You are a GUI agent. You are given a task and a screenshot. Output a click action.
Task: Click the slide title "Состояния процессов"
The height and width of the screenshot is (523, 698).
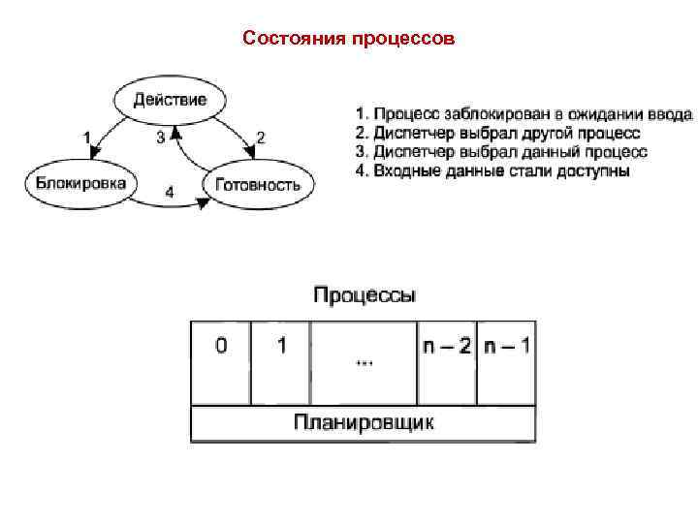coord(348,40)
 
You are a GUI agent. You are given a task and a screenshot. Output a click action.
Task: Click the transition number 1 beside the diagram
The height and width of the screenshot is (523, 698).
coord(86,137)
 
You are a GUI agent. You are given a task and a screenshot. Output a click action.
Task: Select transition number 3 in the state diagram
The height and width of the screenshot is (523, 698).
coord(160,138)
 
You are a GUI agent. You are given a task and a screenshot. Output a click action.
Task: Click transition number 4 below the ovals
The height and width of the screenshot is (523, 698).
coord(170,192)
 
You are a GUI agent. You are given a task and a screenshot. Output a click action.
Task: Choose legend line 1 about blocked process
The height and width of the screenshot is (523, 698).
coord(523,115)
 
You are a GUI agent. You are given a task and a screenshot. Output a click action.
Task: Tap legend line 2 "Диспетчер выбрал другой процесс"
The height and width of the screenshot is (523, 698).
coord(496,134)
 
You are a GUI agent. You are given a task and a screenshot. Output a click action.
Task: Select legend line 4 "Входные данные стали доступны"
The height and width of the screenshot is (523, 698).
coord(492,170)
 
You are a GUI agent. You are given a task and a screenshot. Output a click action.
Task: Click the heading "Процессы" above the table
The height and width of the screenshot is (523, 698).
coord(365,293)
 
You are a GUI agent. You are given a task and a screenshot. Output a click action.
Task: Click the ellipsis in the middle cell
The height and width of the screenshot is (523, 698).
coord(365,363)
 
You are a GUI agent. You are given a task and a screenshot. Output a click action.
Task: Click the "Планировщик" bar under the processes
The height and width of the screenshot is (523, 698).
coord(364,422)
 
